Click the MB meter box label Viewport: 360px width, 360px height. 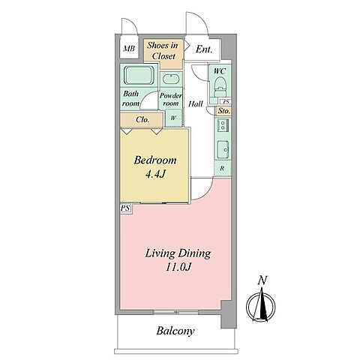(x=129, y=49)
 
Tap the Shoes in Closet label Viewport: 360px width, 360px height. (x=163, y=51)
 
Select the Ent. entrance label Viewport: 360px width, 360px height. (x=204, y=49)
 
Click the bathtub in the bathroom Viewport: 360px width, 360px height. (x=138, y=75)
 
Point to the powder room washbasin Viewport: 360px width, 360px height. (x=171, y=79)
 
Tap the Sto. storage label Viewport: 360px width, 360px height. (x=223, y=111)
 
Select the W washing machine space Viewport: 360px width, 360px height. (x=173, y=118)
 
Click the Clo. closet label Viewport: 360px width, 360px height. (x=142, y=120)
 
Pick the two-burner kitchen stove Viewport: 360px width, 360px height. (x=222, y=124)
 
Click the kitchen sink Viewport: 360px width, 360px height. (x=223, y=149)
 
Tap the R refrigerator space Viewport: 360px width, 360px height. (x=222, y=169)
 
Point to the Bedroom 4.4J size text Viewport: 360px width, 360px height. (x=155, y=174)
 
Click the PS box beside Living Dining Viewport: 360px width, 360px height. (x=125, y=208)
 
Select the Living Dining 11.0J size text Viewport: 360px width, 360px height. (x=178, y=267)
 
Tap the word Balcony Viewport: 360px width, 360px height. (x=175, y=331)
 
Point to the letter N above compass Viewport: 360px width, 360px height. (x=262, y=280)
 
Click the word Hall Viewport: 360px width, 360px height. (x=196, y=103)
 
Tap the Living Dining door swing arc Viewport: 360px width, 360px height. (x=205, y=193)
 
